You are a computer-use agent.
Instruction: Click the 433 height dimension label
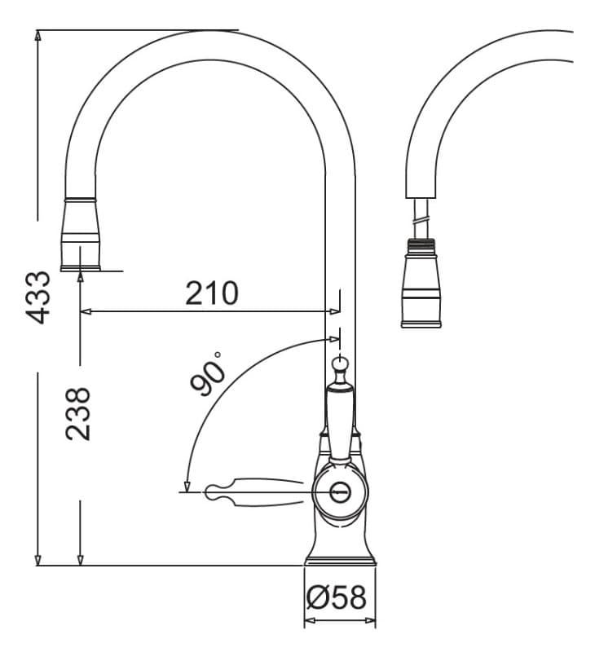tap(38, 297)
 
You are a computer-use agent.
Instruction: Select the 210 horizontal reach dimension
tap(212, 293)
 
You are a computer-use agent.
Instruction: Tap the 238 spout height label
tap(77, 414)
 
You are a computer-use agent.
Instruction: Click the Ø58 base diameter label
tap(337, 597)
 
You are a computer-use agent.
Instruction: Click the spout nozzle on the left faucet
tap(81, 235)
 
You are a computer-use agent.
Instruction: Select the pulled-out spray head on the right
tap(421, 284)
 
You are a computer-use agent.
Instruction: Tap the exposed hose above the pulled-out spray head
tap(421, 218)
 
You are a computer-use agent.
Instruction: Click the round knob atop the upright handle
tap(340, 365)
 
